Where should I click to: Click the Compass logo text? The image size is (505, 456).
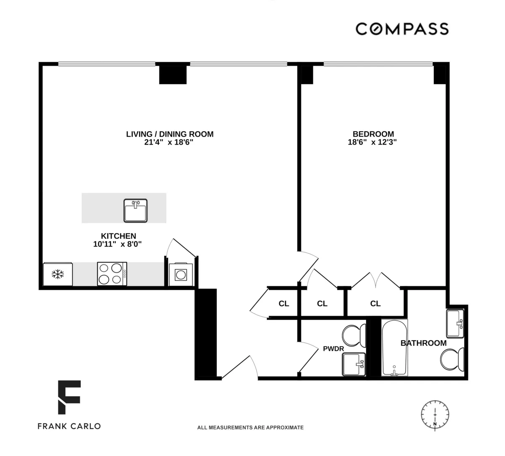pyautogui.click(x=402, y=29)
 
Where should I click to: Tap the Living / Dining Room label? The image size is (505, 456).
pyautogui.click(x=170, y=134)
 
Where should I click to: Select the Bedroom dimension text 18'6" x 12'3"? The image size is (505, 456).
pyautogui.click(x=372, y=142)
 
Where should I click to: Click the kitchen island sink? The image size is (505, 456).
pyautogui.click(x=136, y=210)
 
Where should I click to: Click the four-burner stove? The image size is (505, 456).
pyautogui.click(x=112, y=274)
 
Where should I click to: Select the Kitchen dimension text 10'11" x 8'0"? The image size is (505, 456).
pyautogui.click(x=117, y=244)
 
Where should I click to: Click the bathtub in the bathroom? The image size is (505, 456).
pyautogui.click(x=394, y=347)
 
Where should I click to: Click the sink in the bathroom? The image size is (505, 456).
pyautogui.click(x=455, y=323)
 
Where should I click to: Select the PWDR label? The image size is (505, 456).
pyautogui.click(x=333, y=349)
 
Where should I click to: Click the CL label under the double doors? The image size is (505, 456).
pyautogui.click(x=375, y=303)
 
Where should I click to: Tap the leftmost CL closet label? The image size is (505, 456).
pyautogui.click(x=284, y=303)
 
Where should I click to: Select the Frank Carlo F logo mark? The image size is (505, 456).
pyautogui.click(x=69, y=397)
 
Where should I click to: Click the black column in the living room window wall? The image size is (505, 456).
pyautogui.click(x=173, y=74)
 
